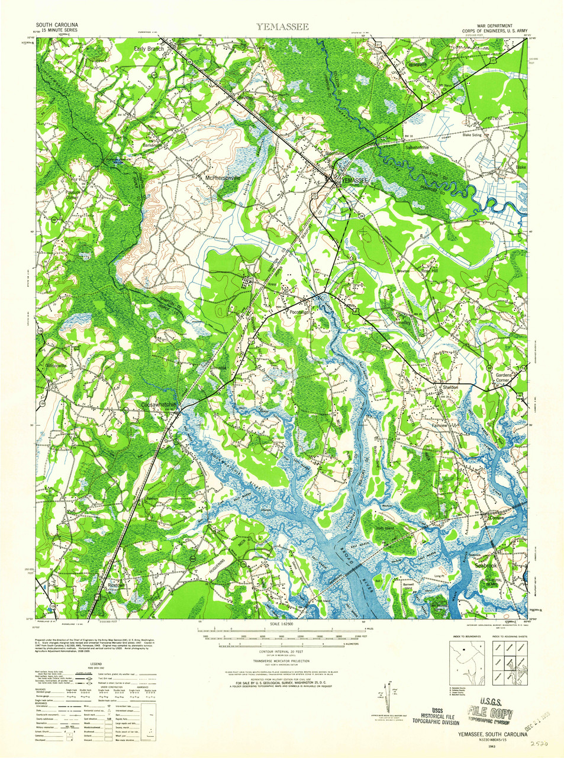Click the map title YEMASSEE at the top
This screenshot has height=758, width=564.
(282, 27)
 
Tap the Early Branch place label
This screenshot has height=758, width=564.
(149, 49)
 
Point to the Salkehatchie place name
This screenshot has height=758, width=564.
(417, 147)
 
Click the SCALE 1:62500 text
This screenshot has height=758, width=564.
(282, 624)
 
